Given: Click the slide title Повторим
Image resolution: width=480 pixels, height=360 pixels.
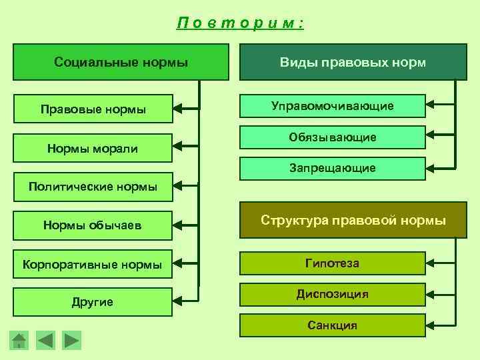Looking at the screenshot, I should [240, 23].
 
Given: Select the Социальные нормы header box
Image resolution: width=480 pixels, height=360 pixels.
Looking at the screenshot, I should [121, 63].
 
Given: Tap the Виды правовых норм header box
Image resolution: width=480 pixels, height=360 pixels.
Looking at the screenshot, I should [353, 63].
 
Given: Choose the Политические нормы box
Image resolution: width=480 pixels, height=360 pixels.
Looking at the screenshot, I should [93, 186].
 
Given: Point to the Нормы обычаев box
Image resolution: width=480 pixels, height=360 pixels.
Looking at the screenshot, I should [93, 225].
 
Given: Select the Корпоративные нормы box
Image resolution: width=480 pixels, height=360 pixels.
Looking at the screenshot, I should [93, 264].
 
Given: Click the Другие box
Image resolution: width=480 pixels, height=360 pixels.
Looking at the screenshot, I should [93, 302].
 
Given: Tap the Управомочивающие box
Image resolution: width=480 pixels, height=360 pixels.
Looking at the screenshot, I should [332, 105].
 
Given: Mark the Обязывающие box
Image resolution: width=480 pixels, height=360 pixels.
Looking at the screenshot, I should [332, 137].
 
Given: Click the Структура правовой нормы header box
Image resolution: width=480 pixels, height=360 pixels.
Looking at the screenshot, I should [353, 221].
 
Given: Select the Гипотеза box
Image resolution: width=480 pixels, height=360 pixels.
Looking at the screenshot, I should [332, 263].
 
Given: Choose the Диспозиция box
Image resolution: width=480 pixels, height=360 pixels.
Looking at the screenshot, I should [332, 294].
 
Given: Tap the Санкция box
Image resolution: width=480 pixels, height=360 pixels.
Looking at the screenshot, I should [332, 325].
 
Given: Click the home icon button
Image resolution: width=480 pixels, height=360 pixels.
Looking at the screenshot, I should [20, 341].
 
